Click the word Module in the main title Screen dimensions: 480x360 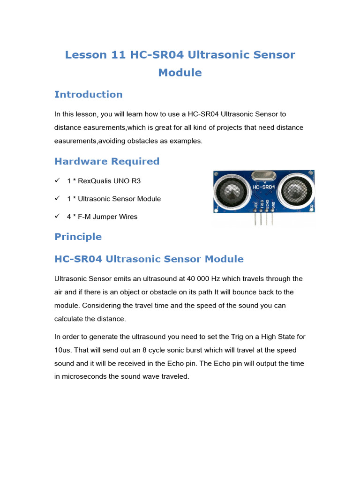[180, 73]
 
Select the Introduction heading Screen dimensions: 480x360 [88, 94]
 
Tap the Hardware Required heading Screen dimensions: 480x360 [107, 161]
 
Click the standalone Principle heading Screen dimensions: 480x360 [78, 237]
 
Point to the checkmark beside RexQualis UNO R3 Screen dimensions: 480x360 [57, 180]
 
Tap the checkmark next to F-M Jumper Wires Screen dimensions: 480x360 [57, 217]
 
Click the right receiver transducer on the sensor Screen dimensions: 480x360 [295, 190]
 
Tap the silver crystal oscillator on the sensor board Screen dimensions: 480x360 [262, 176]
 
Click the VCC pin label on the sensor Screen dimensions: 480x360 [255, 205]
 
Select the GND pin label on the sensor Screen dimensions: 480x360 [273, 205]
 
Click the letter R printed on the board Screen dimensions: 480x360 [312, 206]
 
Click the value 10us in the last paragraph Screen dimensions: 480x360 [63, 350]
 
